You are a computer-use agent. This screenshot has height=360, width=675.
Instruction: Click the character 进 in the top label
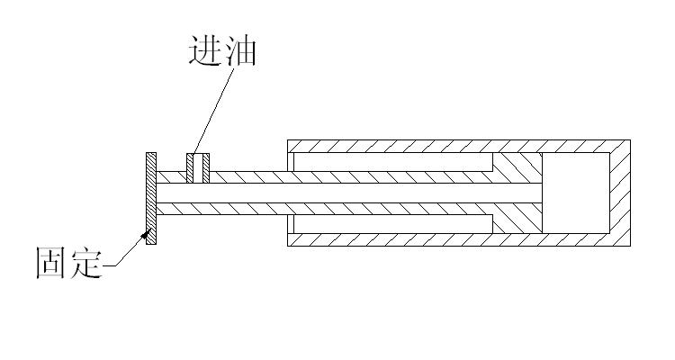pyautogui.click(x=204, y=50)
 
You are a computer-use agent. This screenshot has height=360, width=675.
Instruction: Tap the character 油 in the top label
pyautogui.click(x=240, y=50)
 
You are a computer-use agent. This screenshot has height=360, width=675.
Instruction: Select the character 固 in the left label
pyautogui.click(x=50, y=262)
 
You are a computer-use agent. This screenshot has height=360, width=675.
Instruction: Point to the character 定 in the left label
pyautogui.click(x=85, y=262)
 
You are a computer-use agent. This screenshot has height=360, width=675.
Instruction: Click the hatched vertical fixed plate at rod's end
pyautogui.click(x=152, y=198)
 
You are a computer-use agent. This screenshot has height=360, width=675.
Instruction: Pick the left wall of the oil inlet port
pyautogui.click(x=189, y=167)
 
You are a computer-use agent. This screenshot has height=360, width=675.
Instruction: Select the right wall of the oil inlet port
pyautogui.click(x=207, y=167)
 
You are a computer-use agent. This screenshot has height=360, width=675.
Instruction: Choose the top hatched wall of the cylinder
pyautogui.click(x=450, y=146)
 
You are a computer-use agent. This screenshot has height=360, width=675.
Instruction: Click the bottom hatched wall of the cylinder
pyautogui.click(x=450, y=238)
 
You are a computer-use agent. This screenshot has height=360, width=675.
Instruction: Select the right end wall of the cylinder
pyautogui.click(x=619, y=193)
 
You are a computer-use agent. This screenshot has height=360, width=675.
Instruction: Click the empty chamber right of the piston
pyautogui.click(x=576, y=193)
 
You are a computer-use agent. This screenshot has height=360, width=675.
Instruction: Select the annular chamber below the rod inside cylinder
pyautogui.click(x=391, y=223)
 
